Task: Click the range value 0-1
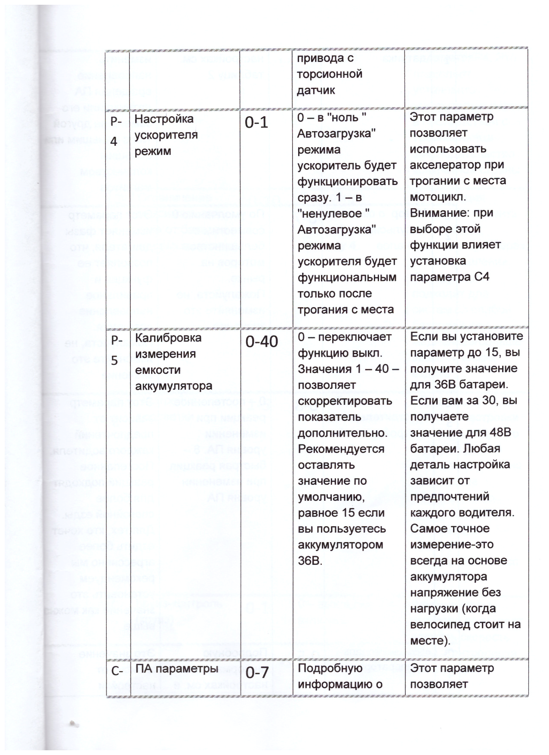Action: pos(256,123)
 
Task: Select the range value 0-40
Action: pos(262,342)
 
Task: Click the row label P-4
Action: pos(115,131)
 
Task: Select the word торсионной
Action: pos(330,74)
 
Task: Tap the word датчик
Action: pos(316,90)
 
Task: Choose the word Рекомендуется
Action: pos(341,449)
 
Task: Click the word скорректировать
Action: pos(345,401)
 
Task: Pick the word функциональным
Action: pos(347,278)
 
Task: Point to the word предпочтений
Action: pos(450,496)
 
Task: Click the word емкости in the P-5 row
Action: pos(155,370)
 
